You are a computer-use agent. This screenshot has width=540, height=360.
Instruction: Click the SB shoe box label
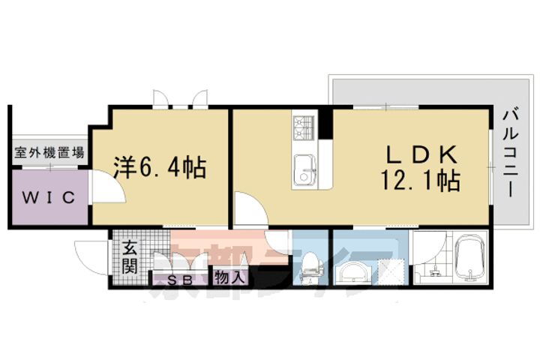[x=178, y=280]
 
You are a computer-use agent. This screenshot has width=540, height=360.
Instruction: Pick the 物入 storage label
[x=229, y=277]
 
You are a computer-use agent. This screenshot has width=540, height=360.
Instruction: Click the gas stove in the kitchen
[x=303, y=127]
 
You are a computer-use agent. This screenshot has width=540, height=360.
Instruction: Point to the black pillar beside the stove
[x=326, y=124]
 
